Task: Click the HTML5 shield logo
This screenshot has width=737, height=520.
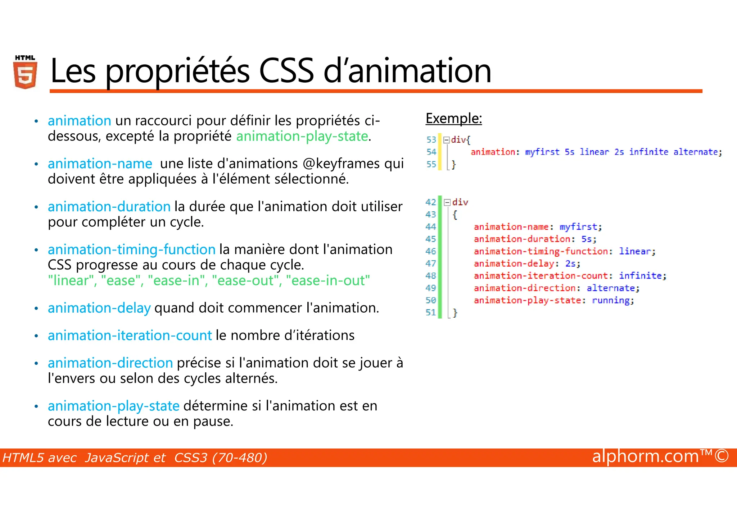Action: tap(25, 73)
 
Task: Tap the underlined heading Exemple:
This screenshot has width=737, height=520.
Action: tap(453, 118)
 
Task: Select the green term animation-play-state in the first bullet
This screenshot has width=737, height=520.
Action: tap(302, 136)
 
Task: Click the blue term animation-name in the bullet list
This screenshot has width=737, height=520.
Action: tap(100, 164)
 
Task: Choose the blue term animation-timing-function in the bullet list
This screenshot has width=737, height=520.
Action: tap(132, 249)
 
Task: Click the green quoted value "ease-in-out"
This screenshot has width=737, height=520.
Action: tap(328, 280)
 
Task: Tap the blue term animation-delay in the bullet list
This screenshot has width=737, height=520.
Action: tap(99, 308)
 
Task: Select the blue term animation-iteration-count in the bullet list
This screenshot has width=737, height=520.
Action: tap(130, 335)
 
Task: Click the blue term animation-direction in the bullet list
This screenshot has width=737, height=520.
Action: tap(110, 363)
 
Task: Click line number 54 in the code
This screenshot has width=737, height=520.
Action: tap(431, 152)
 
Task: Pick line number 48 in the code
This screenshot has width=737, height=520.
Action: tap(430, 276)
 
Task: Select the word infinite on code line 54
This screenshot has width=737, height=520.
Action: tap(648, 152)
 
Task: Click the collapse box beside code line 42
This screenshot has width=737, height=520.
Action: tap(447, 202)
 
